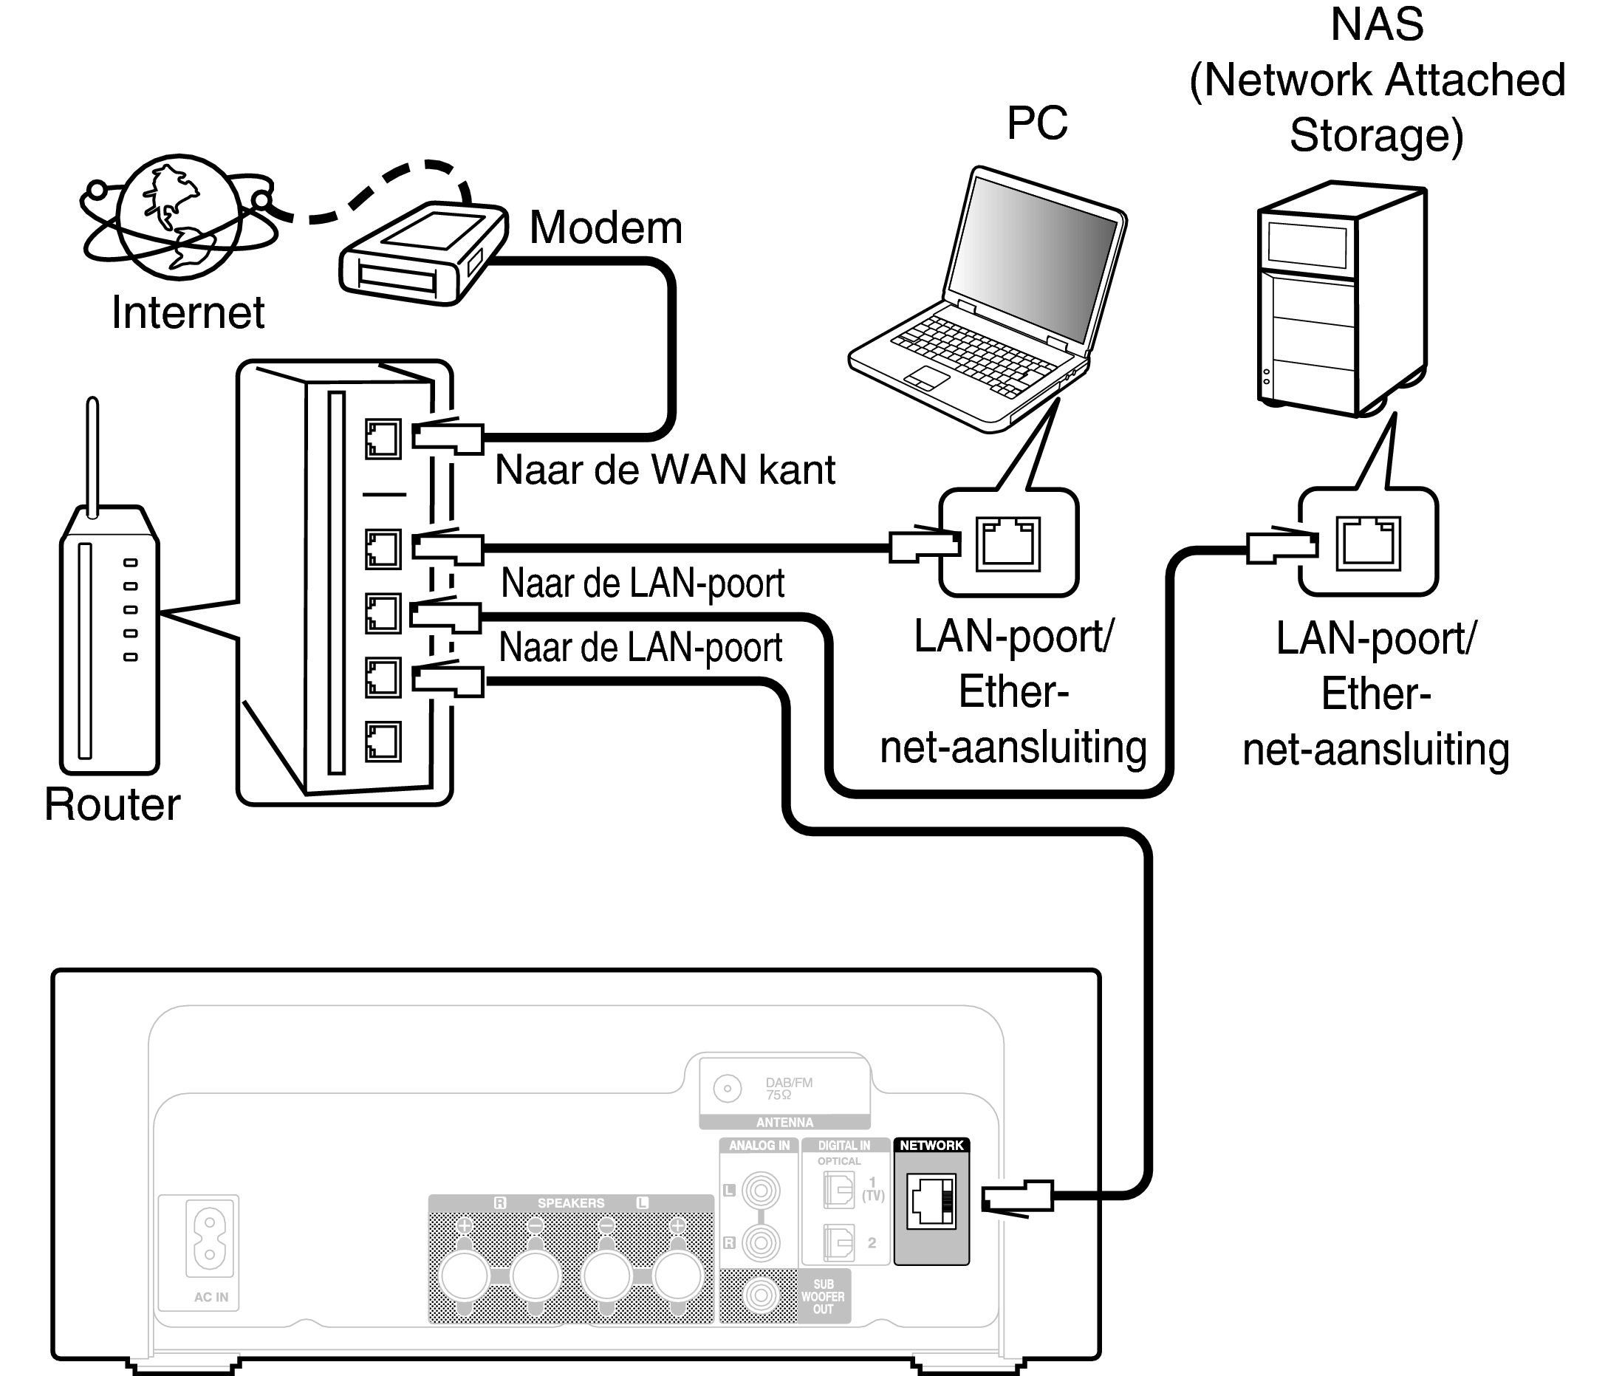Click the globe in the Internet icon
tap(179, 216)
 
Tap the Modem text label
tap(606, 227)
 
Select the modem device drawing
tap(421, 253)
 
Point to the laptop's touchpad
tap(927, 377)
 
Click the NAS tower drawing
tap(1342, 301)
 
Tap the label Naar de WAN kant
tap(665, 470)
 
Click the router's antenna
tap(92, 456)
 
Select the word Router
tap(112, 804)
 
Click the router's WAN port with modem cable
tap(383, 439)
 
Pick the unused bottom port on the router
tap(383, 741)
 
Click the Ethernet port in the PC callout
tap(1008, 543)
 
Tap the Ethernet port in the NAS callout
tap(1369, 543)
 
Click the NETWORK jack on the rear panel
tap(931, 1200)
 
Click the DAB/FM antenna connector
tap(727, 1088)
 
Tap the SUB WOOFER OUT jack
tap(760, 1295)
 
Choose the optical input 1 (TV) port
tap(838, 1191)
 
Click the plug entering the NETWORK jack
tap(1016, 1197)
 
